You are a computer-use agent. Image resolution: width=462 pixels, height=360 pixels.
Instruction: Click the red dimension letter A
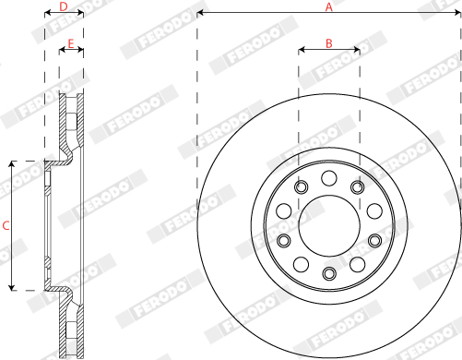coord(329,6)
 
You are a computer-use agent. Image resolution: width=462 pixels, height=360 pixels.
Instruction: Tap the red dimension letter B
coord(329,43)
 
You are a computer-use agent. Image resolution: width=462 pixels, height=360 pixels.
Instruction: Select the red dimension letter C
coord(6,225)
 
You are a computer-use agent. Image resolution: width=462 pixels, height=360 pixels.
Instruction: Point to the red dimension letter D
coord(64,6)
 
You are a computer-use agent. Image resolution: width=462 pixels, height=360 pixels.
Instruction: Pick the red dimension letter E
coord(71,43)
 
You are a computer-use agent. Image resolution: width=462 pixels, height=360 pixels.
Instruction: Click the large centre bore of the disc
coord(329,225)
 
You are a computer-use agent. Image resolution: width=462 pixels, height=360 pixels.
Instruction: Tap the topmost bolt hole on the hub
coord(329,178)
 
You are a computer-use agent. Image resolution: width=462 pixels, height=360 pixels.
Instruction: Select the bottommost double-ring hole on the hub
coord(329,273)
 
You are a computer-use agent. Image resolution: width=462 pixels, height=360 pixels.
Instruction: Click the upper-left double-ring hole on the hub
coord(302,186)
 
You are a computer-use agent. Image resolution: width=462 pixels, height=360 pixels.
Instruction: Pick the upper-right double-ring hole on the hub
coord(358,186)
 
